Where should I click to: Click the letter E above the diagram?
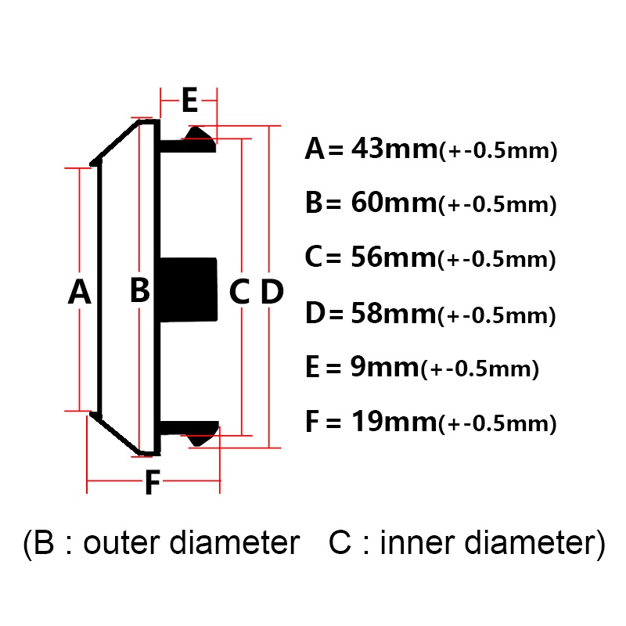189,100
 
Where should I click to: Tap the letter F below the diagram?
153,482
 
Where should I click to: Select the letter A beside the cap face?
80,292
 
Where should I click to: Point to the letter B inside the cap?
140,289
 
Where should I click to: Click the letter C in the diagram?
239,292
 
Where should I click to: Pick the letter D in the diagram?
272,292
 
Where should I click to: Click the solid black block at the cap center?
189,290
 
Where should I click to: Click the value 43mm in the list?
394,149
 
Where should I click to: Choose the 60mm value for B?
394,203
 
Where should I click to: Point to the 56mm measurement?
394,257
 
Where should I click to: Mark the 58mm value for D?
394,314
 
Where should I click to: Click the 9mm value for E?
385,367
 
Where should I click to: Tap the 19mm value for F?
394,422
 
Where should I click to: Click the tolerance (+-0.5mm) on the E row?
480,369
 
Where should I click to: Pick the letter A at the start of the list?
315,149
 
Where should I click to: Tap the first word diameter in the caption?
235,543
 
